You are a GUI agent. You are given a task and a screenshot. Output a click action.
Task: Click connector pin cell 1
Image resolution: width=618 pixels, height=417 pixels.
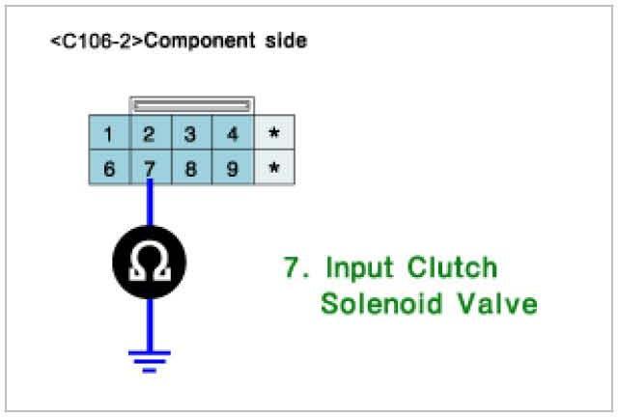pyautogui.click(x=109, y=134)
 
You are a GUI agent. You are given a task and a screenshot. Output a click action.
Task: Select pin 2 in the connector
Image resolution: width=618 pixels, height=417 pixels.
pyautogui.click(x=150, y=134)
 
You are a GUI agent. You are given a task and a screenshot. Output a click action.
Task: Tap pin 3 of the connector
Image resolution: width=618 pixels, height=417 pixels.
pyautogui.click(x=191, y=134)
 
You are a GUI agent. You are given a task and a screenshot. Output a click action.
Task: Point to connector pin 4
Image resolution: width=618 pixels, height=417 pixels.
pyautogui.click(x=233, y=134)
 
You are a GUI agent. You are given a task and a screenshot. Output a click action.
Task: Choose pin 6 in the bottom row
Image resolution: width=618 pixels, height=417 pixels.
pyautogui.click(x=109, y=168)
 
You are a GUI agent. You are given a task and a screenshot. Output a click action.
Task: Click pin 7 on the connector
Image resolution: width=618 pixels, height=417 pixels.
pyautogui.click(x=150, y=168)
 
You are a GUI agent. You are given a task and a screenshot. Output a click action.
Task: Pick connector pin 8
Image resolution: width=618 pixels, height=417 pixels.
pyautogui.click(x=191, y=168)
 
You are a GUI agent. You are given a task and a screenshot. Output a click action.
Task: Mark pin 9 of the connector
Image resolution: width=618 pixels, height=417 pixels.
pyautogui.click(x=233, y=168)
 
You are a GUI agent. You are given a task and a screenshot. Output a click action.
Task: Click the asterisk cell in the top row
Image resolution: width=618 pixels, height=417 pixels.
pyautogui.click(x=273, y=134)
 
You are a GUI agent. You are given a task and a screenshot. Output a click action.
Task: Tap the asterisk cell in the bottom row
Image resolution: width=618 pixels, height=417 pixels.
pyautogui.click(x=273, y=168)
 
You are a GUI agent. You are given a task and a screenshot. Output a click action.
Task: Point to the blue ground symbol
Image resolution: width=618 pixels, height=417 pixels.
pyautogui.click(x=150, y=359)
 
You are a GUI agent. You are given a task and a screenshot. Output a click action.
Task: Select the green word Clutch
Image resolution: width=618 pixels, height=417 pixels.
pyautogui.click(x=450, y=267)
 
